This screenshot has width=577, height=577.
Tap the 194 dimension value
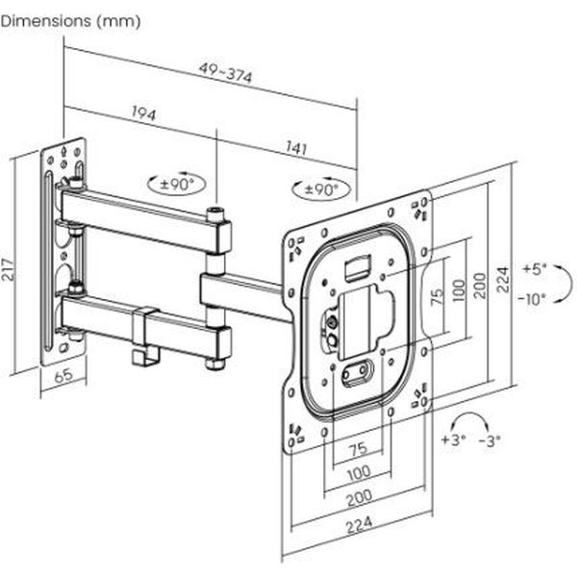click(143, 113)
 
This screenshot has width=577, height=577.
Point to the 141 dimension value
click(297, 148)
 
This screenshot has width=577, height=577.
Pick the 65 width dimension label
click(63, 377)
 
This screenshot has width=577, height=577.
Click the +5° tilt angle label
click(536, 268)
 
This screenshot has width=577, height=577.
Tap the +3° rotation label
click(453, 439)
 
